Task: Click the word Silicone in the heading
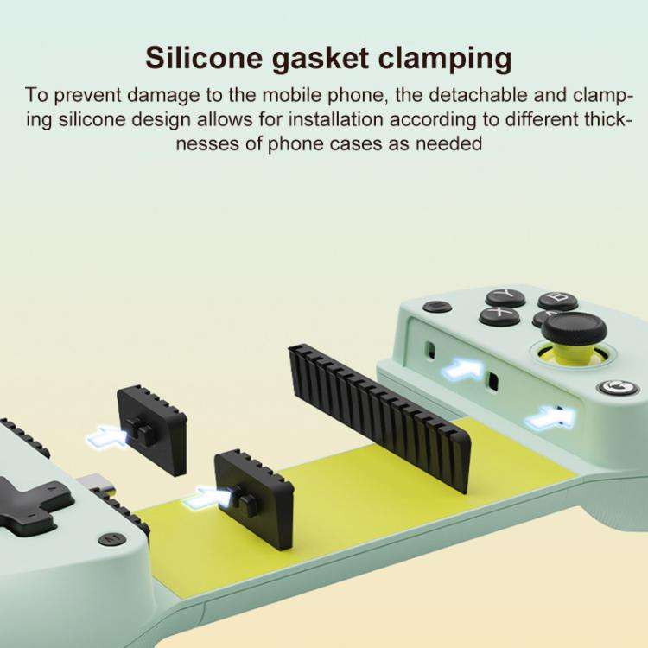[x=204, y=57]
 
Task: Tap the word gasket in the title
[x=320, y=58]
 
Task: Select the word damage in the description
[x=163, y=96]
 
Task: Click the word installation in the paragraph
[x=335, y=120]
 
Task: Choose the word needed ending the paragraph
[x=448, y=144]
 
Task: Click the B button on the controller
[x=557, y=300]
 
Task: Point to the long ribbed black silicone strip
[x=379, y=418]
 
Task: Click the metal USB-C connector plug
[x=96, y=485]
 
